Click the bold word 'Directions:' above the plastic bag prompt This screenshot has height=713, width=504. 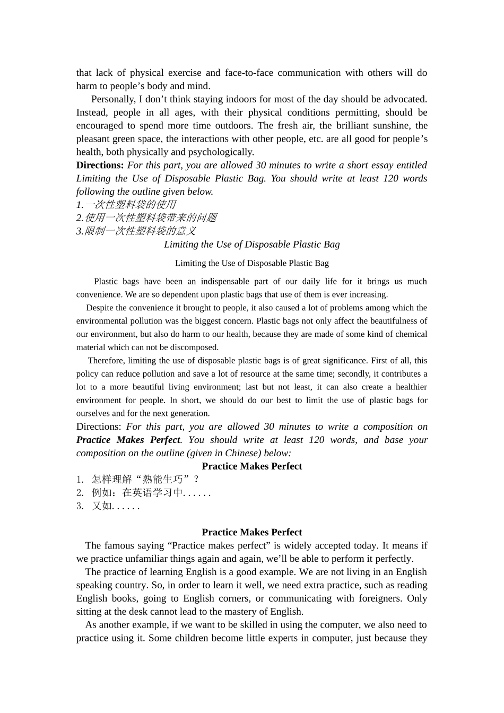tap(100, 166)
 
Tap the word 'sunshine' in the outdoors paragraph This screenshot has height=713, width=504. tap(388, 126)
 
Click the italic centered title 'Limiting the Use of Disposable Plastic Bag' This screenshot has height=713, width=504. tap(251, 245)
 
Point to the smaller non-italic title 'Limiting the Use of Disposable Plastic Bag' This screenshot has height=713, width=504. tap(251, 263)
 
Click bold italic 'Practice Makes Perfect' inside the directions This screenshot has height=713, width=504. tap(128, 440)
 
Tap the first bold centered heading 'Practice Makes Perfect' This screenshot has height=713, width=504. tap(251, 466)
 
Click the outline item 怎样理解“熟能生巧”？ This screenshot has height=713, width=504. tap(145, 480)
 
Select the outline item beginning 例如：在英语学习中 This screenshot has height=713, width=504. tap(151, 493)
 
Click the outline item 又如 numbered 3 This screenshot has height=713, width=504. tap(115, 506)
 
